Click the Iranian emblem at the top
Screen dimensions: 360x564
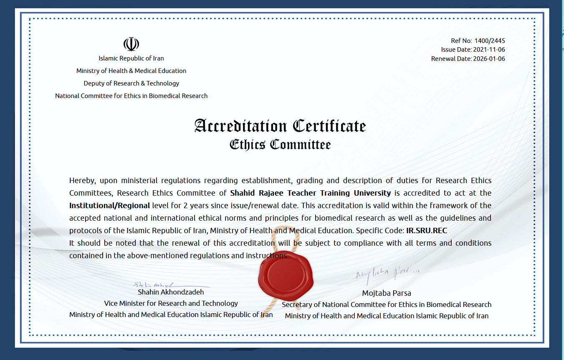point(131,44)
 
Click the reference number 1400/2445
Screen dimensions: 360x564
point(490,41)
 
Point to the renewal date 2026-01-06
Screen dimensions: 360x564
point(489,59)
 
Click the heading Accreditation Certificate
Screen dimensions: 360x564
point(280,126)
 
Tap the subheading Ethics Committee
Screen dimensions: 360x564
point(280,145)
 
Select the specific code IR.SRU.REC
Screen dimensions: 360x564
point(426,230)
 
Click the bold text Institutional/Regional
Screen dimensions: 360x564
point(109,205)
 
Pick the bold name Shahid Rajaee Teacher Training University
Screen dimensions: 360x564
point(310,193)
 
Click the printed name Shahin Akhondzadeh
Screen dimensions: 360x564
point(171,292)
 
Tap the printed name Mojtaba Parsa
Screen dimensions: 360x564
point(387,293)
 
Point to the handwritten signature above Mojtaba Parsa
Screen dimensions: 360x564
point(387,274)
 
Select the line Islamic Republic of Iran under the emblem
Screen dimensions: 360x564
point(131,58)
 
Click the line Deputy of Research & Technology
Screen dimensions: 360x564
point(131,83)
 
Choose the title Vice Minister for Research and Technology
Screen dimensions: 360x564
point(171,303)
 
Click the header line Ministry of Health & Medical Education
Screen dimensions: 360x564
point(131,71)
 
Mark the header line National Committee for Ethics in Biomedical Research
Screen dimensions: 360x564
point(131,96)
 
